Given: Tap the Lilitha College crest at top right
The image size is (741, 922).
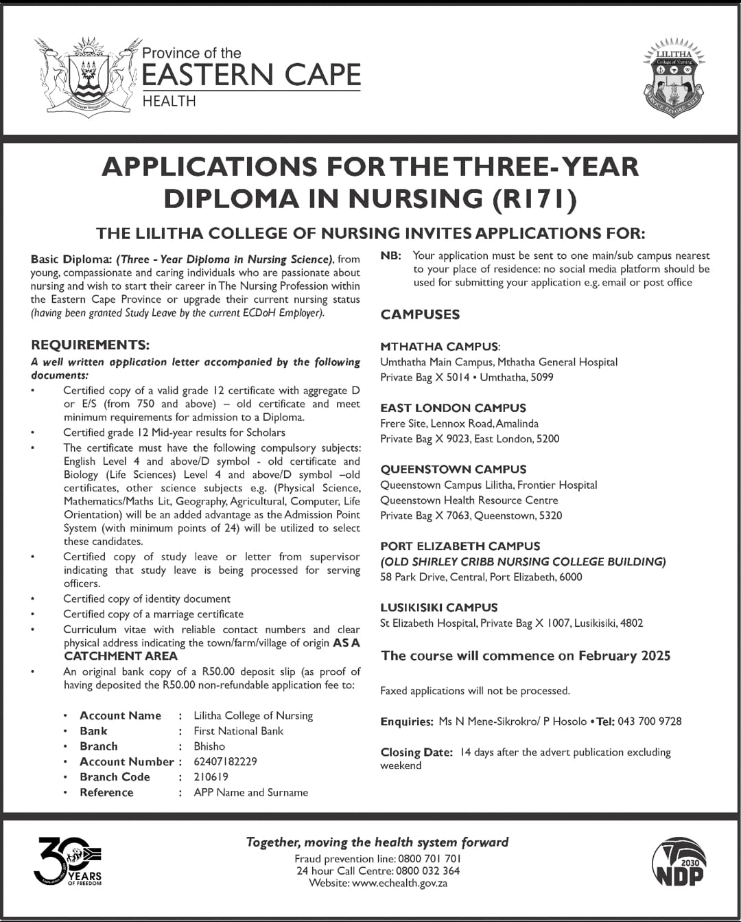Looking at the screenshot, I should pyautogui.click(x=674, y=78).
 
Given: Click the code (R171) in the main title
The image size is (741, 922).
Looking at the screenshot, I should pyautogui.click(x=534, y=198).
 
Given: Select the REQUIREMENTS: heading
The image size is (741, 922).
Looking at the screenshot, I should pyautogui.click(x=90, y=345).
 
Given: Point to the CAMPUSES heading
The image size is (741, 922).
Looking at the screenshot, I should pyautogui.click(x=420, y=314).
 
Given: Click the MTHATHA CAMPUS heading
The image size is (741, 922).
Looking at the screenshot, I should pyautogui.click(x=440, y=347).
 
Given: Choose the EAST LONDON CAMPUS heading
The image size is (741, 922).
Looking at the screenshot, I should pyautogui.click(x=453, y=408).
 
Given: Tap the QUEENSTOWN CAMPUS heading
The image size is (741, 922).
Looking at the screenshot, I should pyautogui.click(x=454, y=470).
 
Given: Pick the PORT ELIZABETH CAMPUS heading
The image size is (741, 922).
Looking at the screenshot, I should pyautogui.click(x=460, y=546).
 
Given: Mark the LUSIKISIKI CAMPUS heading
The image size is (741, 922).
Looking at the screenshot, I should pyautogui.click(x=439, y=608).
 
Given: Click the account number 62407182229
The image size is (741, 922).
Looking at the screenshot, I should pyautogui.click(x=225, y=761).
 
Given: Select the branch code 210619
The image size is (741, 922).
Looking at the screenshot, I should pyautogui.click(x=211, y=776).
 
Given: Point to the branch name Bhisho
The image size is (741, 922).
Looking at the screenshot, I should pyautogui.click(x=209, y=746).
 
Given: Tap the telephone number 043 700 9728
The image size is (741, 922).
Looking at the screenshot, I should pyautogui.click(x=649, y=722).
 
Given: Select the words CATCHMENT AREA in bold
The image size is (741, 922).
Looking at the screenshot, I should pyautogui.click(x=121, y=656).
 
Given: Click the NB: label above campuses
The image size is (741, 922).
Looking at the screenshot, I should pyautogui.click(x=390, y=255).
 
